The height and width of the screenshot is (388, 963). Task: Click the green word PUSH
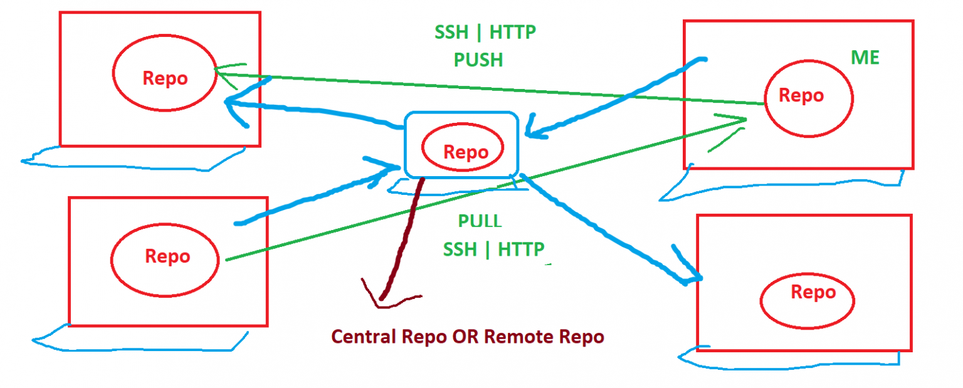(x=478, y=60)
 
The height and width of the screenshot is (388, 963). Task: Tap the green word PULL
(x=480, y=221)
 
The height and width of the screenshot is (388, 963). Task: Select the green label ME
(x=865, y=58)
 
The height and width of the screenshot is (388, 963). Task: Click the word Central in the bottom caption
(x=364, y=337)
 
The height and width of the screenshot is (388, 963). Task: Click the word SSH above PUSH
(x=451, y=32)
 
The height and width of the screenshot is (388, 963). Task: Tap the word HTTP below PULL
(x=521, y=249)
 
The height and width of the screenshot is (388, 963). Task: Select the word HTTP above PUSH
(x=513, y=32)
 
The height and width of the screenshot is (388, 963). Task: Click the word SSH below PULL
(x=460, y=249)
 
